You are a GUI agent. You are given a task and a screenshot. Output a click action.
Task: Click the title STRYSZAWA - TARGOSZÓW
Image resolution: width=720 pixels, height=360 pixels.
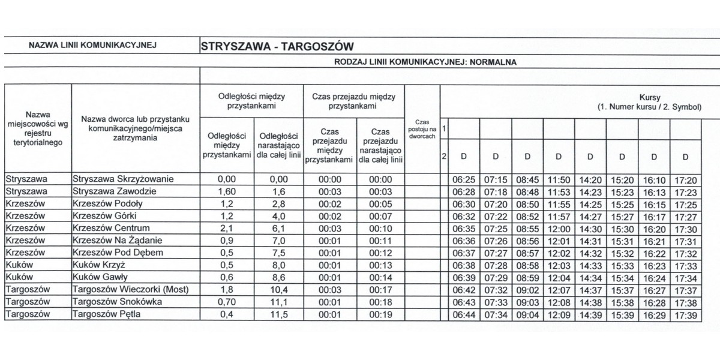pyautogui.click(x=277, y=46)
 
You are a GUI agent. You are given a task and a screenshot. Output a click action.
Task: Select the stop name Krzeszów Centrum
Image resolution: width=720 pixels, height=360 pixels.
pyautogui.click(x=110, y=229)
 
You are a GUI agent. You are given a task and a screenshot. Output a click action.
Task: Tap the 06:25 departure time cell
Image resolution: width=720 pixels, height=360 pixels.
pyautogui.click(x=463, y=179)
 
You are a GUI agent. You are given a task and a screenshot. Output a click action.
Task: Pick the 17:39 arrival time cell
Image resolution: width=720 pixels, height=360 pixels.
pyautogui.click(x=685, y=315)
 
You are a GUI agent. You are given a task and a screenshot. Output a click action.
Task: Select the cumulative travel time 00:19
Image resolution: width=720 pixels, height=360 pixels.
pyautogui.click(x=380, y=315)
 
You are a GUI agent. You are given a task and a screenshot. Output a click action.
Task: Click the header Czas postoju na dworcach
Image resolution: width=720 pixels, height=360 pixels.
pyautogui.click(x=422, y=129)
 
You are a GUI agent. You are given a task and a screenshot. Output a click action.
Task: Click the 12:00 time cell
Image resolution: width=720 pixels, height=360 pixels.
pyautogui.click(x=559, y=229)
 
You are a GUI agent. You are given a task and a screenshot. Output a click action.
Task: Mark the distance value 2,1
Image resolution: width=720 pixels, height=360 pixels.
pyautogui.click(x=226, y=229)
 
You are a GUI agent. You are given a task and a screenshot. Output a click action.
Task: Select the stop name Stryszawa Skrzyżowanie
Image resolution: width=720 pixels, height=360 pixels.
pyautogui.click(x=122, y=179)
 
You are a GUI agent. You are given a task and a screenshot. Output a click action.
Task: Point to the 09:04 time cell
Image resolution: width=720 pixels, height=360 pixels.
pyautogui.click(x=527, y=315)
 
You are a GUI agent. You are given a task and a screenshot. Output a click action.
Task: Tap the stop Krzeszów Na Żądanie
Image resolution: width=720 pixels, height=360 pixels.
pyautogui.click(x=116, y=241)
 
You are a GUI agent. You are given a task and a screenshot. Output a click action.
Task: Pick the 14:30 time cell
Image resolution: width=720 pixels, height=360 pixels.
pyautogui.click(x=590, y=229)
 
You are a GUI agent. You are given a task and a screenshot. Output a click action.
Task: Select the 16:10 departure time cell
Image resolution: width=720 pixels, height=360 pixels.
pyautogui.click(x=653, y=179)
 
